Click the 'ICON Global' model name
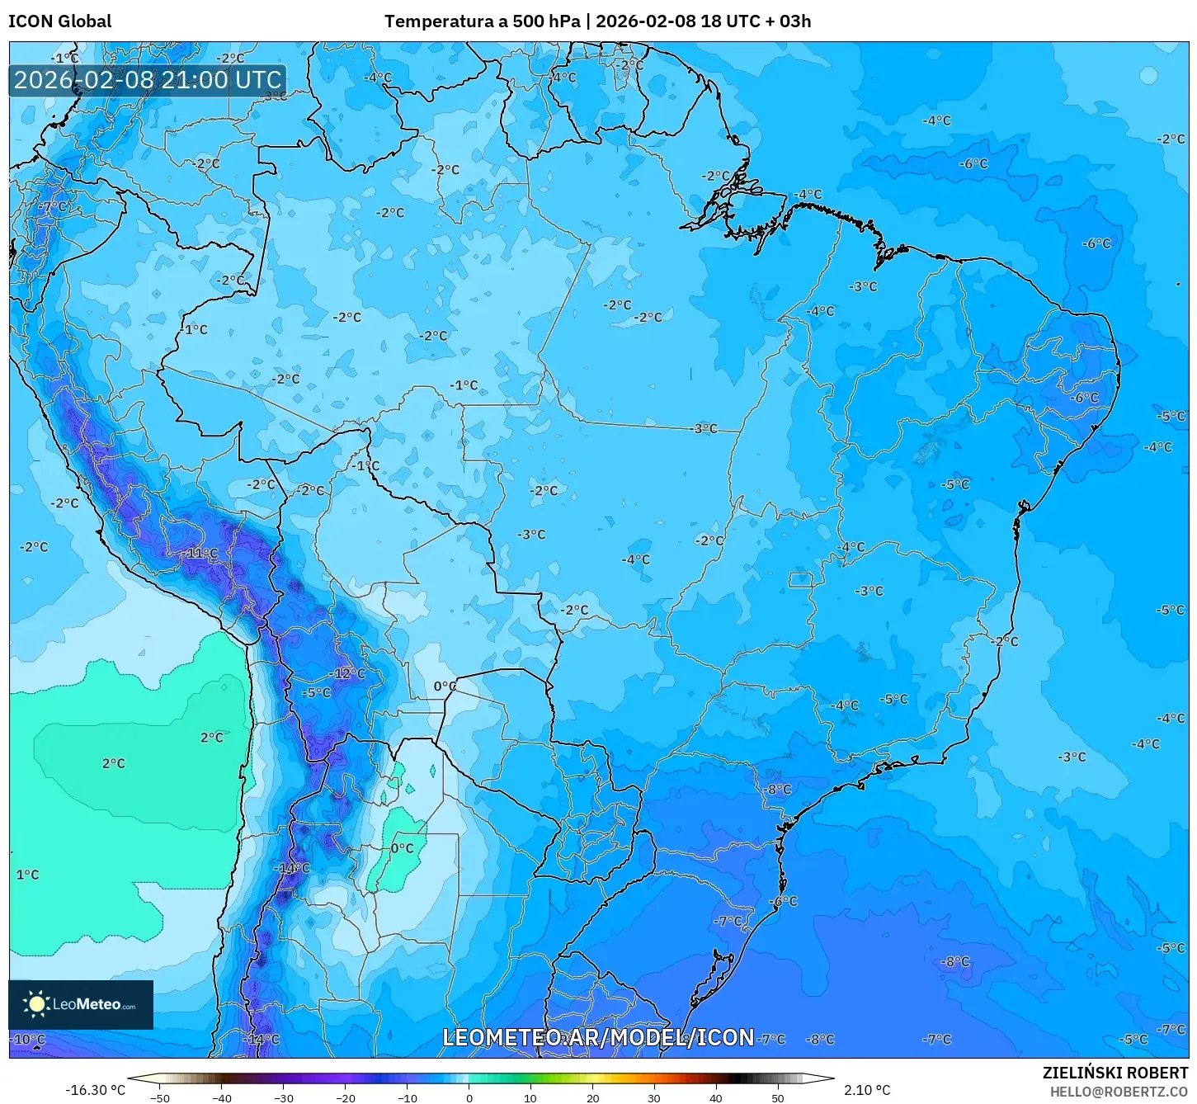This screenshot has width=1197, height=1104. (x=60, y=21)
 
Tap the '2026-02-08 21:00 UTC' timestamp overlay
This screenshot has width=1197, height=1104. (x=148, y=80)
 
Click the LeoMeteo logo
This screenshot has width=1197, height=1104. (x=81, y=1004)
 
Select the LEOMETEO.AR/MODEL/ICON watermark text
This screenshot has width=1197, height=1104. (x=598, y=1037)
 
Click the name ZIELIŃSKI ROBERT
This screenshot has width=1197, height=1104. (x=1115, y=1073)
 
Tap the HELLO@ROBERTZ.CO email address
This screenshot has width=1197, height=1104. (x=1119, y=1091)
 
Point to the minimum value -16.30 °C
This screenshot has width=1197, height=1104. (x=96, y=1090)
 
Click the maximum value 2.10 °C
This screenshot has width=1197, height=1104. (x=867, y=1090)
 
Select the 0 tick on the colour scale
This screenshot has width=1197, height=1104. (x=469, y=1097)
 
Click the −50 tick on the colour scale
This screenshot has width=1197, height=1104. (x=160, y=1097)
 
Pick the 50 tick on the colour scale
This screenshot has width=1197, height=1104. (x=777, y=1097)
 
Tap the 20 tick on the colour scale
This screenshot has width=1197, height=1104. (x=592, y=1097)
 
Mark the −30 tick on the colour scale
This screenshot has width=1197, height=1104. (x=284, y=1097)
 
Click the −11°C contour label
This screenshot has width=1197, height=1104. (x=202, y=553)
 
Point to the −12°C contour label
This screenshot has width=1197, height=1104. (x=349, y=673)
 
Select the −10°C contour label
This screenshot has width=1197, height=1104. (x=28, y=1039)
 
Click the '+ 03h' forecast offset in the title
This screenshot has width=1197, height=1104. (x=787, y=21)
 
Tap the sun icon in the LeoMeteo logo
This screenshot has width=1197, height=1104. (x=37, y=1004)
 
